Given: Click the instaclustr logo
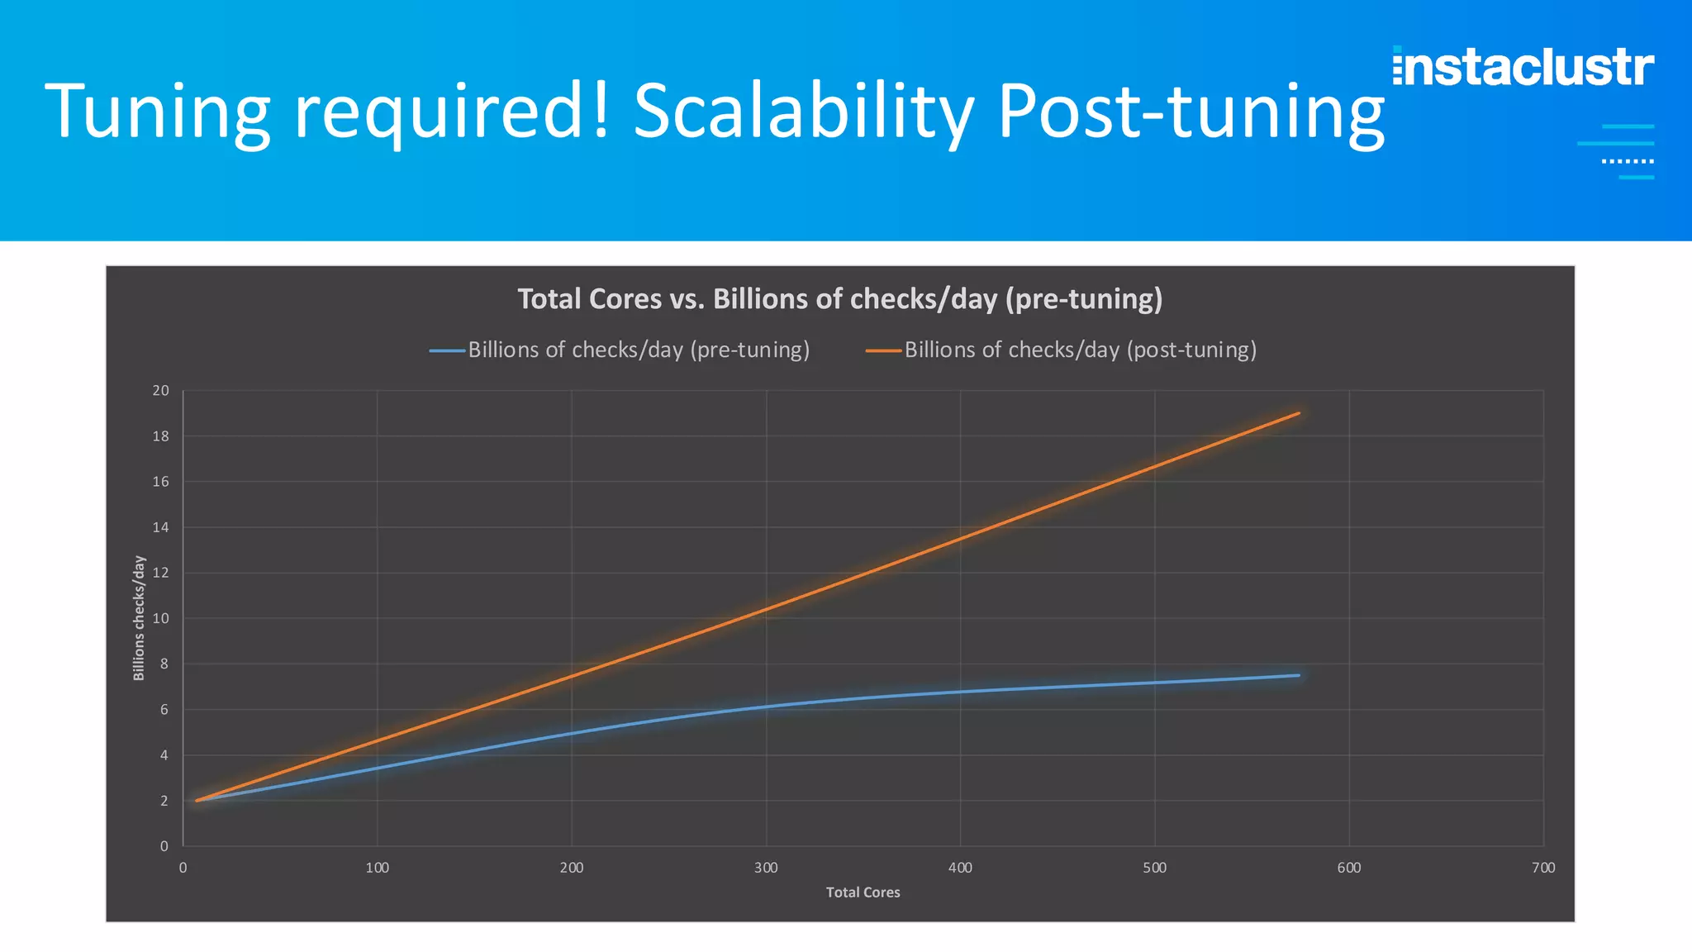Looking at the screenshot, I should click(x=1523, y=67).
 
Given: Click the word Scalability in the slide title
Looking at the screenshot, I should click(x=803, y=112).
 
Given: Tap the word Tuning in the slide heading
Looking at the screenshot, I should click(x=157, y=112).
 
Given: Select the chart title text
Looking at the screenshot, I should click(x=839, y=298).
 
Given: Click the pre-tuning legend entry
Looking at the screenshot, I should click(x=620, y=350).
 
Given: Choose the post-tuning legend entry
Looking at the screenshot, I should click(x=1062, y=350).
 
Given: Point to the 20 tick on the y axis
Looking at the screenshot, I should click(x=160, y=390).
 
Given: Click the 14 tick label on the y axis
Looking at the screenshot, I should click(x=160, y=527).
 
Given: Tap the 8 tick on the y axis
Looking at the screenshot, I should click(x=164, y=664).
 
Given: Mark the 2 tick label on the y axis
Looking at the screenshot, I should click(x=164, y=801).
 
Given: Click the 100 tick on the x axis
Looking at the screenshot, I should click(x=377, y=868).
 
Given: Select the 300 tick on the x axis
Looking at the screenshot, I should click(x=766, y=868).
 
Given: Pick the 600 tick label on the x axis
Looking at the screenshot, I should click(x=1349, y=868).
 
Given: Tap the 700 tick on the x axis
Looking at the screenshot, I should click(x=1542, y=868).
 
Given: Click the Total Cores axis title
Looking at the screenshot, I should click(x=863, y=892).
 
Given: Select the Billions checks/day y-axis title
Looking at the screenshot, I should click(x=139, y=618).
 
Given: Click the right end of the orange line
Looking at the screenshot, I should click(x=1299, y=413).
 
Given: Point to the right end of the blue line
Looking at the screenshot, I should click(x=1299, y=675).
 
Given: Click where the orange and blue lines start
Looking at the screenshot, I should click(x=197, y=800).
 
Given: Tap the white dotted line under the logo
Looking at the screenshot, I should click(x=1628, y=161).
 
